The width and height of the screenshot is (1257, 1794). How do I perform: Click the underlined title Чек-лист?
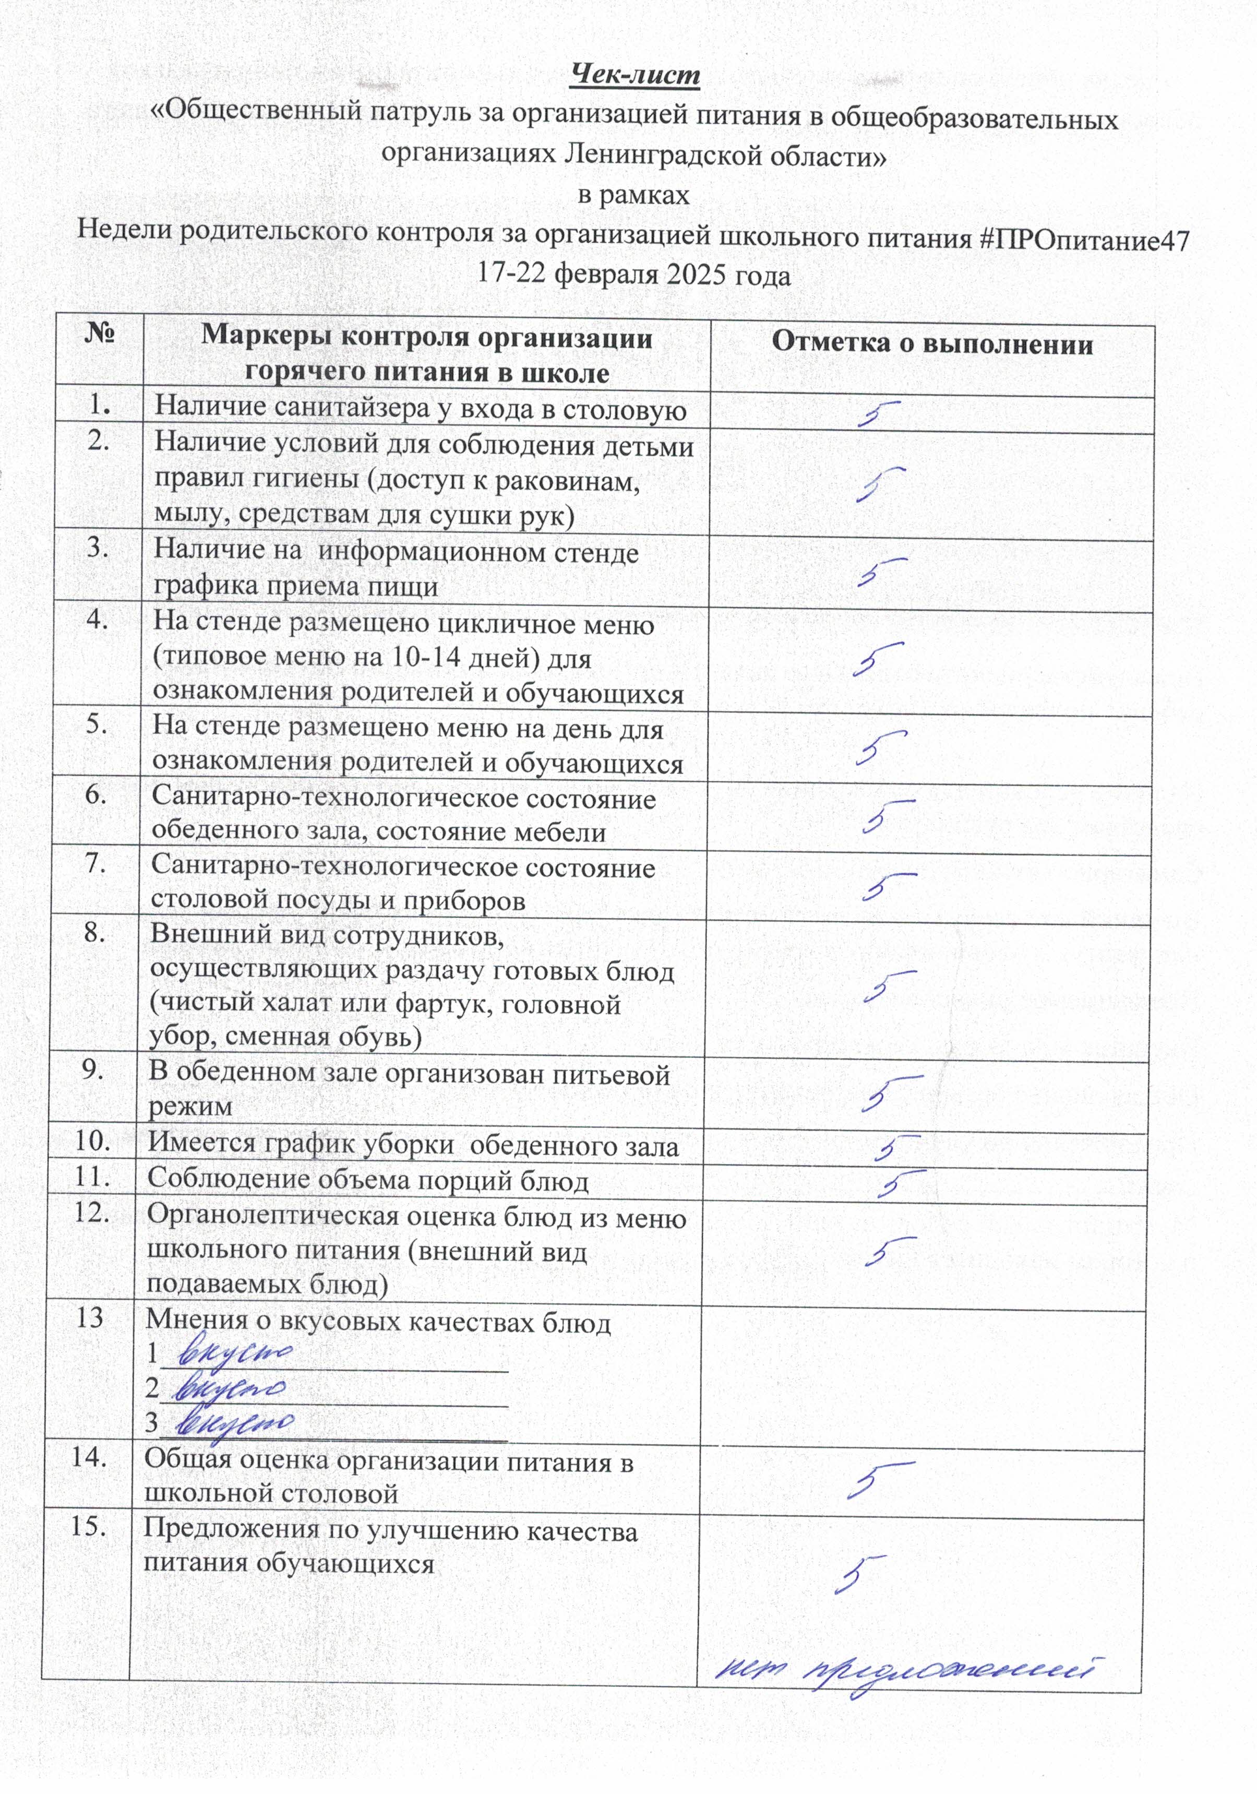pyautogui.click(x=635, y=75)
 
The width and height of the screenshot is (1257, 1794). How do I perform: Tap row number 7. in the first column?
pyautogui.click(x=95, y=863)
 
